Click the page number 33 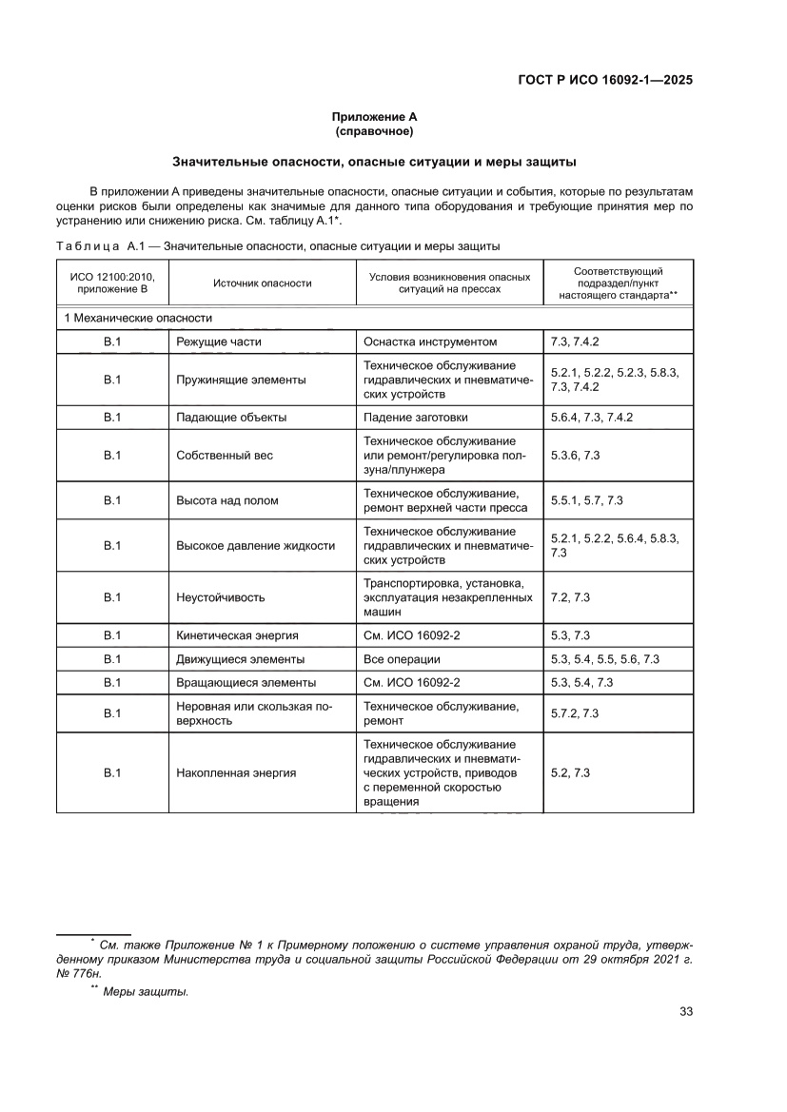685,1011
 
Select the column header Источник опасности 263,283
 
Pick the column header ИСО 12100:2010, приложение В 112,283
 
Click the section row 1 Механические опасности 139,318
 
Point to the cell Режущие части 219,341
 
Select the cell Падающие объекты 231,417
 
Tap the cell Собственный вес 225,456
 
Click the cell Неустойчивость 221,597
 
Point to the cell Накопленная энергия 236,772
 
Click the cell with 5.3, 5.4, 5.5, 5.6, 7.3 605,658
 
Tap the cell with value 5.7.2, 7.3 575,713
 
